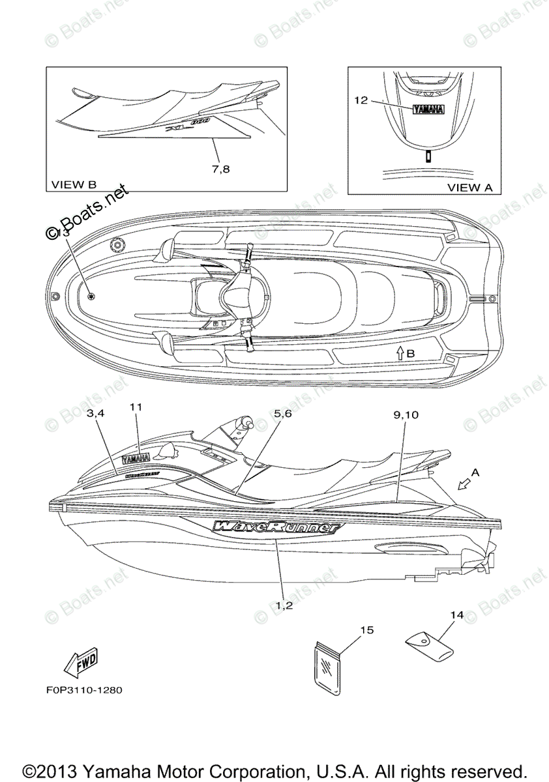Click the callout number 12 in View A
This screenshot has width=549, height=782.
(361, 100)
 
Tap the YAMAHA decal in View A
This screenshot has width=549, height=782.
(427, 109)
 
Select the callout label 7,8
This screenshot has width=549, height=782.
(221, 169)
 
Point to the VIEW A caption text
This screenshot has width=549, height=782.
(469, 187)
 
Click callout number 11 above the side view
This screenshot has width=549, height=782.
(136, 406)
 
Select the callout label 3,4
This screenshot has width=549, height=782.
(96, 413)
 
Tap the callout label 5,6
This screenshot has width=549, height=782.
(282, 413)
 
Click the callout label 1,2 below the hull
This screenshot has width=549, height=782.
(284, 605)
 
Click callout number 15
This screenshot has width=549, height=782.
(366, 630)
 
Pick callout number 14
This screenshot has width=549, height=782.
(456, 615)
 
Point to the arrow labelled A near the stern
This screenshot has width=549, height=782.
(466, 483)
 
